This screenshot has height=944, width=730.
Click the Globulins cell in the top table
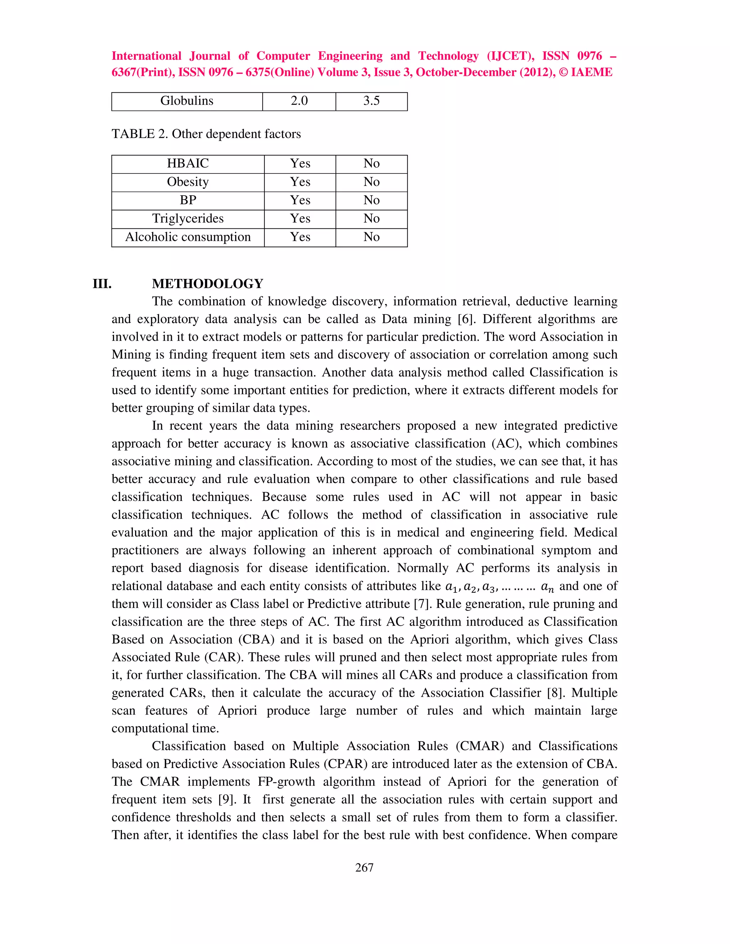(x=187, y=101)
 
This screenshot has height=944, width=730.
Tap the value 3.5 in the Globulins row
(x=371, y=101)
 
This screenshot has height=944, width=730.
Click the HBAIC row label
(x=188, y=164)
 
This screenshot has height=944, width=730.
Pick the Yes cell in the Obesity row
(x=300, y=182)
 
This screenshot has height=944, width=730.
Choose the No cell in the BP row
(x=371, y=200)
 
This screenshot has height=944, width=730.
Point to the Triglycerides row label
(x=188, y=219)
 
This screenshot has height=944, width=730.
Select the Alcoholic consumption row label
(x=188, y=237)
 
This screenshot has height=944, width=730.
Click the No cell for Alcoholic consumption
(x=371, y=237)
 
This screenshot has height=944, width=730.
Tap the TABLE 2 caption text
(x=206, y=134)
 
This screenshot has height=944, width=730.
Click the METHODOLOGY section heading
(x=207, y=284)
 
